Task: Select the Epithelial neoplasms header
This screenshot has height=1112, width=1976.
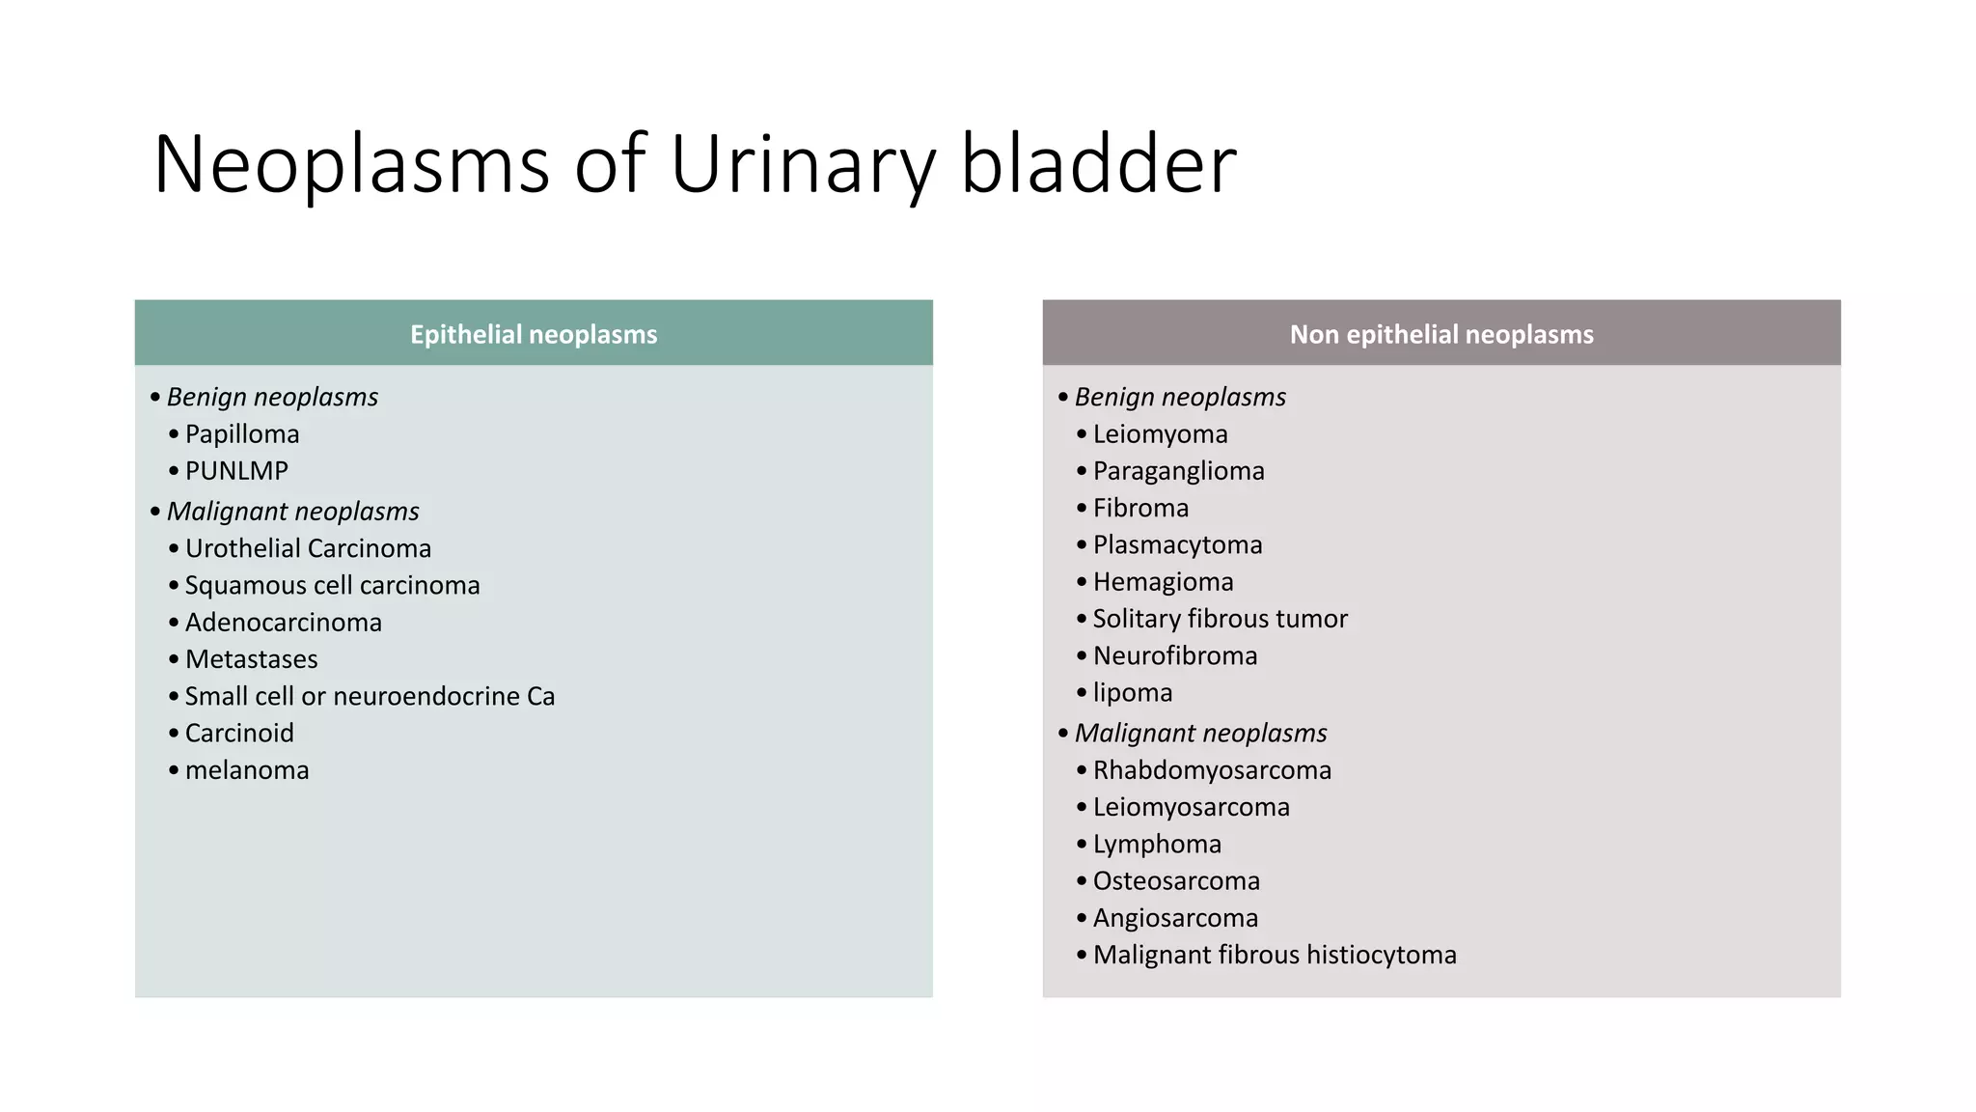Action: [x=534, y=334]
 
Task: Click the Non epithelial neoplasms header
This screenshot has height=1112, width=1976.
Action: [x=1441, y=334]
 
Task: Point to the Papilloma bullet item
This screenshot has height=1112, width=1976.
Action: [x=242, y=434]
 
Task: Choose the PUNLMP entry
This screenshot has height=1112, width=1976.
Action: [x=236, y=471]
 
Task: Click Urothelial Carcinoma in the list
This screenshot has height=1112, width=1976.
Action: [x=308, y=548]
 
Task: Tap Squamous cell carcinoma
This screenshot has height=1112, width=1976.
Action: [x=332, y=585]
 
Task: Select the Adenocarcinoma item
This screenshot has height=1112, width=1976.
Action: [x=284, y=623]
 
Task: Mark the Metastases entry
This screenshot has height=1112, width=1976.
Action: [x=251, y=659]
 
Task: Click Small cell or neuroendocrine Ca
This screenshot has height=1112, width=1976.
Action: [x=370, y=696]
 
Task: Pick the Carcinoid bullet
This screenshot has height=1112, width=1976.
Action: [x=239, y=733]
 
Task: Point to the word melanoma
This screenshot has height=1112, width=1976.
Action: [x=247, y=770]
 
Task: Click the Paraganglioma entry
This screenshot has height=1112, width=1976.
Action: [x=1178, y=471]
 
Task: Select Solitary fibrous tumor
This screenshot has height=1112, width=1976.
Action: [x=1220, y=619]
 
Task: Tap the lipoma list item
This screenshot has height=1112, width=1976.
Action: [x=1133, y=692]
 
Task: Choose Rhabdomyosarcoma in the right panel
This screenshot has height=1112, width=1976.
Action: [x=1212, y=770]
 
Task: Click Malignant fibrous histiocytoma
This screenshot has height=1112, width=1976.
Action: [x=1275, y=955]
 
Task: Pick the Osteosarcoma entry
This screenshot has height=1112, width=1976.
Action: [x=1176, y=881]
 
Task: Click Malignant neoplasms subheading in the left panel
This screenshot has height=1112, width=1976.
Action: [x=292, y=511]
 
